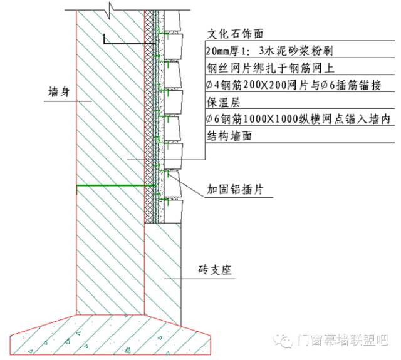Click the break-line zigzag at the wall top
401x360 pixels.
tap(110, 9)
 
